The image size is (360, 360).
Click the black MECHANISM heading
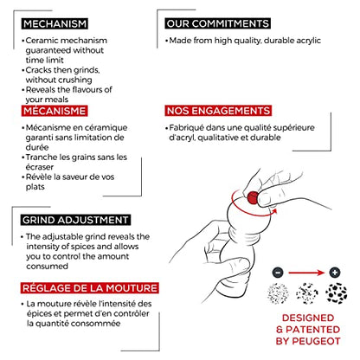point(55,23)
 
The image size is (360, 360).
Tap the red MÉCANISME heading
point(55,111)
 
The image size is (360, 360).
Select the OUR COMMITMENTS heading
point(218,23)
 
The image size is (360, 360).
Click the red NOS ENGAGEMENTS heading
point(218,111)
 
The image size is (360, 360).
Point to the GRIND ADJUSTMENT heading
point(75,220)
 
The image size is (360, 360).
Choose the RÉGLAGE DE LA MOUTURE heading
point(90,288)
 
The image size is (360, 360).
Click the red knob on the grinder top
point(253,197)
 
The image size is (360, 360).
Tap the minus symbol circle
point(278,273)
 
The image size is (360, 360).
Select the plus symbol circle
point(335,273)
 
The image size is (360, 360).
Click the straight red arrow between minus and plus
point(306,273)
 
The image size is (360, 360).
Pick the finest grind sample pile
point(278,293)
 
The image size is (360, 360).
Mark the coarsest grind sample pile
point(337,293)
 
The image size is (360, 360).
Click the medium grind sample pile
point(306,293)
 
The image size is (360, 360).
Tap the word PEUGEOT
point(316,341)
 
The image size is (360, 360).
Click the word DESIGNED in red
point(308,318)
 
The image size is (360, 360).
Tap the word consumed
point(47,266)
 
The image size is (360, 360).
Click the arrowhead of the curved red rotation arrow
point(274,211)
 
